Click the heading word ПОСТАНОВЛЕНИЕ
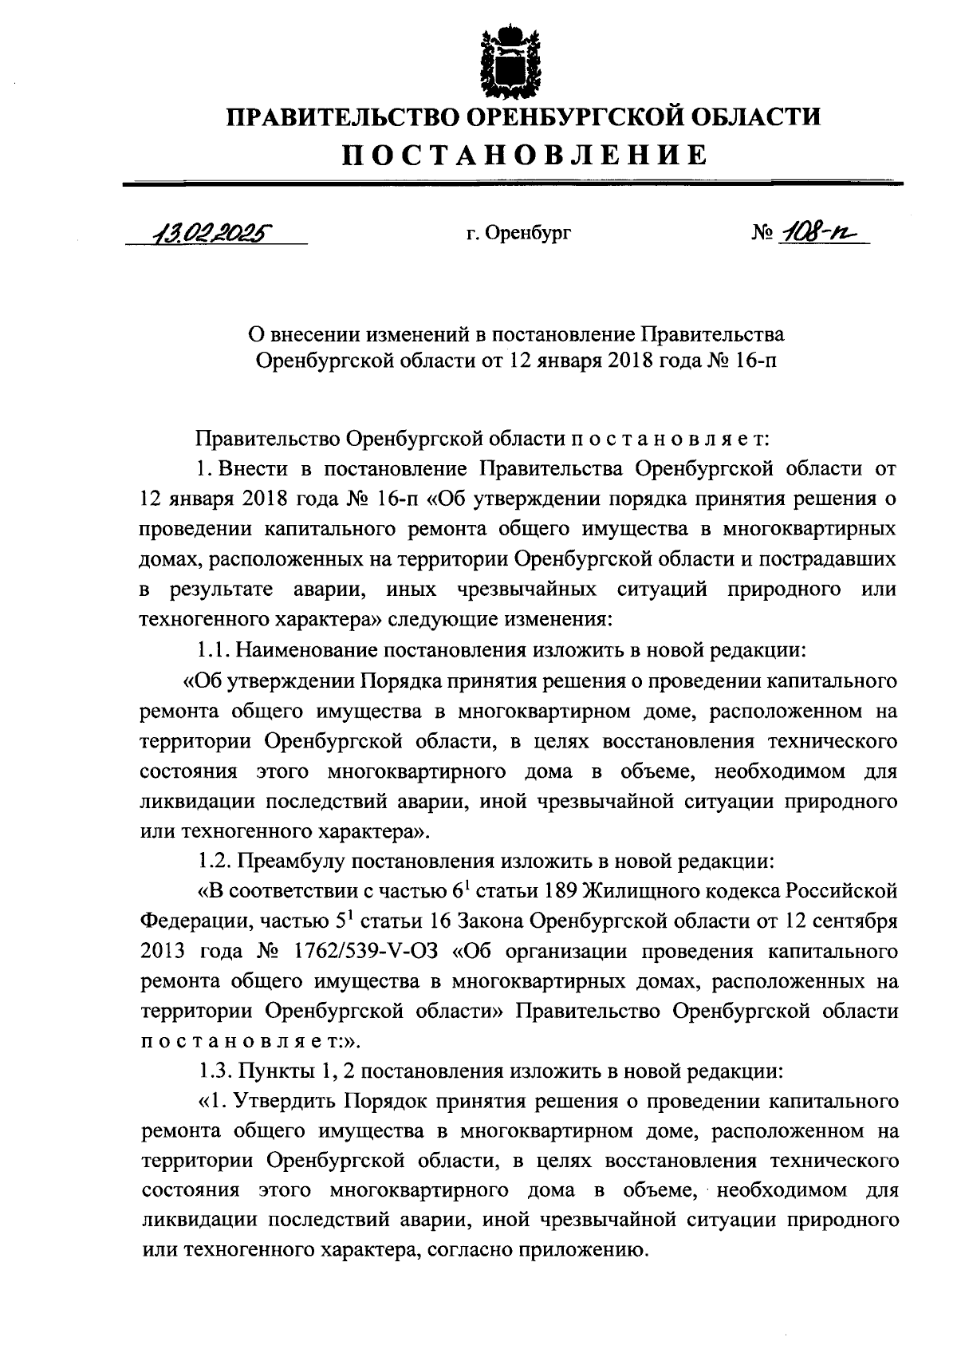(x=525, y=154)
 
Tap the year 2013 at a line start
(x=163, y=952)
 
